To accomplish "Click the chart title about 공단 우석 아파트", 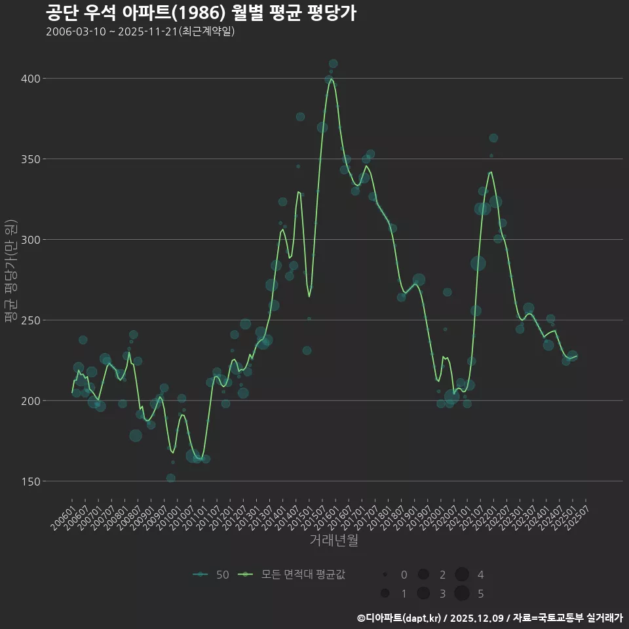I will pyautogui.click(x=201, y=12).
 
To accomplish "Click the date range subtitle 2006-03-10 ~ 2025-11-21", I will pyautogui.click(x=140, y=31).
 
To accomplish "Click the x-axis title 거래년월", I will pyautogui.click(x=334, y=541).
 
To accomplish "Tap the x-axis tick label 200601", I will pyautogui.click(x=64, y=514).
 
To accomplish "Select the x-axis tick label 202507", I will pyautogui.click(x=576, y=514).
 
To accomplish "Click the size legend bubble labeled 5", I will pyautogui.click(x=462, y=594).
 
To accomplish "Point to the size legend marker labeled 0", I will pyautogui.click(x=385, y=575).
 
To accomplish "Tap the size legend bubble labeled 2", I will pyautogui.click(x=423, y=575).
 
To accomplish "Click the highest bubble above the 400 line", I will pyautogui.click(x=333, y=64).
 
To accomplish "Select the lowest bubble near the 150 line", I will pyautogui.click(x=170, y=478).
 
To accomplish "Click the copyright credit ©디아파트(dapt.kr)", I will pyautogui.click(x=400, y=618).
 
